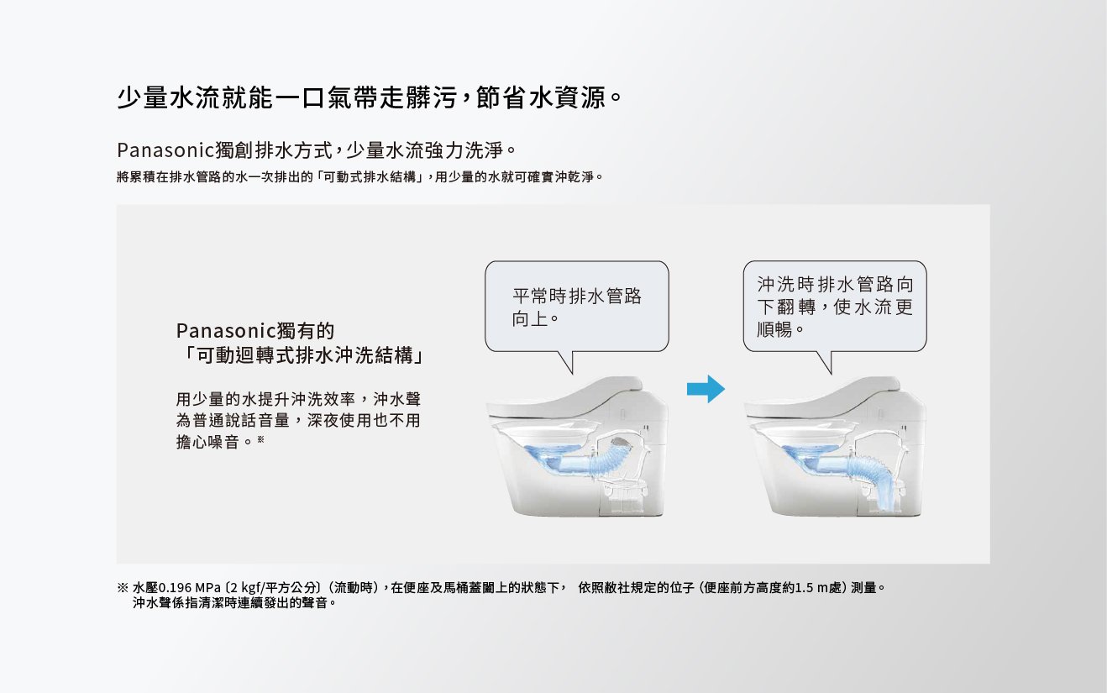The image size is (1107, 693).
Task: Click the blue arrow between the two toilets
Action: tap(706, 389)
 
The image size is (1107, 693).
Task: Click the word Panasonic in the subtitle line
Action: tap(166, 150)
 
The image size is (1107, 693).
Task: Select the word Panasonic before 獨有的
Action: tap(226, 331)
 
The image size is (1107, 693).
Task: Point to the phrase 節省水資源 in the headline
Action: tap(541, 97)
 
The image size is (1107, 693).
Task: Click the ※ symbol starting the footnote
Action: tap(123, 588)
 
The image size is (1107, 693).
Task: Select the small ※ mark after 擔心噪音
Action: tap(261, 439)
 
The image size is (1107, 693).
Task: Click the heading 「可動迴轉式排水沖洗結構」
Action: tap(301, 355)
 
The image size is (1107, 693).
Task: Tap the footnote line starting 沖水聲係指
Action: tap(234, 603)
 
